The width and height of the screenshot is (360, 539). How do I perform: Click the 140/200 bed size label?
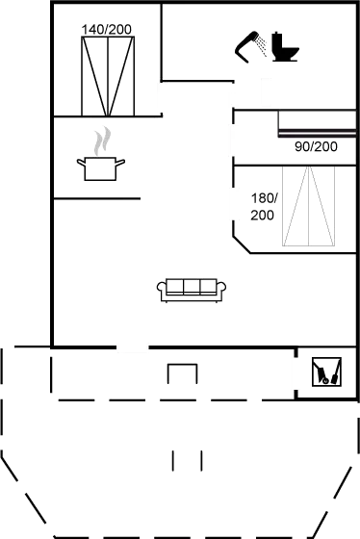107,31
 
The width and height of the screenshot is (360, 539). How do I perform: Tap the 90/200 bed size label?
315,146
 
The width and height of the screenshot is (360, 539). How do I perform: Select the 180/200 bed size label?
263,206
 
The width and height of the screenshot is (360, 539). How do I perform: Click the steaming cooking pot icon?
99,167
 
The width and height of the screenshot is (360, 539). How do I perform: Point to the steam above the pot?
100,141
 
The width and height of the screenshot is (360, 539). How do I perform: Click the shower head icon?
252,45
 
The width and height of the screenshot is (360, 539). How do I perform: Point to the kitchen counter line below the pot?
97,197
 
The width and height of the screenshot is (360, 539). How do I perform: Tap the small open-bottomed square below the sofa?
182,372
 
